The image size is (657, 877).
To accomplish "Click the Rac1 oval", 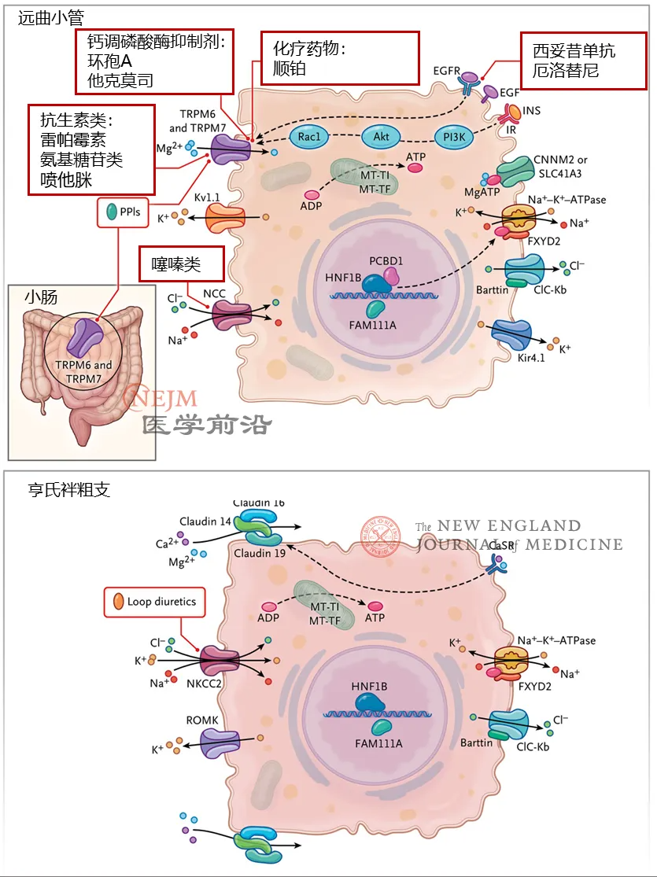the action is click(x=309, y=137).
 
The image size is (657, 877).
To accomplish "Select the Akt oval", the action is click(x=381, y=137).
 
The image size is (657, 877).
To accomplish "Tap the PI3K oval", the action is click(x=454, y=137).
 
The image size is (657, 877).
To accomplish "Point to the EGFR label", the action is click(x=447, y=71).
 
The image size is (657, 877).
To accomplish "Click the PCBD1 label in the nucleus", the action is click(x=386, y=261).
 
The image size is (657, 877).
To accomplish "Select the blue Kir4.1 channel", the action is click(x=511, y=334).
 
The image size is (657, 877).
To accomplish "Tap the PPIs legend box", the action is click(x=123, y=212).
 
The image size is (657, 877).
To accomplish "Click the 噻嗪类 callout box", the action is click(x=181, y=263).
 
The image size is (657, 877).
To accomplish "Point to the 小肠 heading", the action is click(x=41, y=297).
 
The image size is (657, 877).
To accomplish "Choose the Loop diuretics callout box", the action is click(x=154, y=602).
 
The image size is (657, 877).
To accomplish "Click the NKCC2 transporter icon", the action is click(x=220, y=661).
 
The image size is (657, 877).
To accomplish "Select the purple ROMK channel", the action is click(x=220, y=744).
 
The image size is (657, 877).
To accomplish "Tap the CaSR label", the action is click(x=501, y=545).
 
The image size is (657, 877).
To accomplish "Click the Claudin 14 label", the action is click(x=205, y=521).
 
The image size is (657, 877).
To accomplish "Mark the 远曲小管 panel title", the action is click(x=51, y=18).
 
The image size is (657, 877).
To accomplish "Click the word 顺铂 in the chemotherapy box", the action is click(x=290, y=68).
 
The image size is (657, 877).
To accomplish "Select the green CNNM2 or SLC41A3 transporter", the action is click(x=516, y=171).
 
